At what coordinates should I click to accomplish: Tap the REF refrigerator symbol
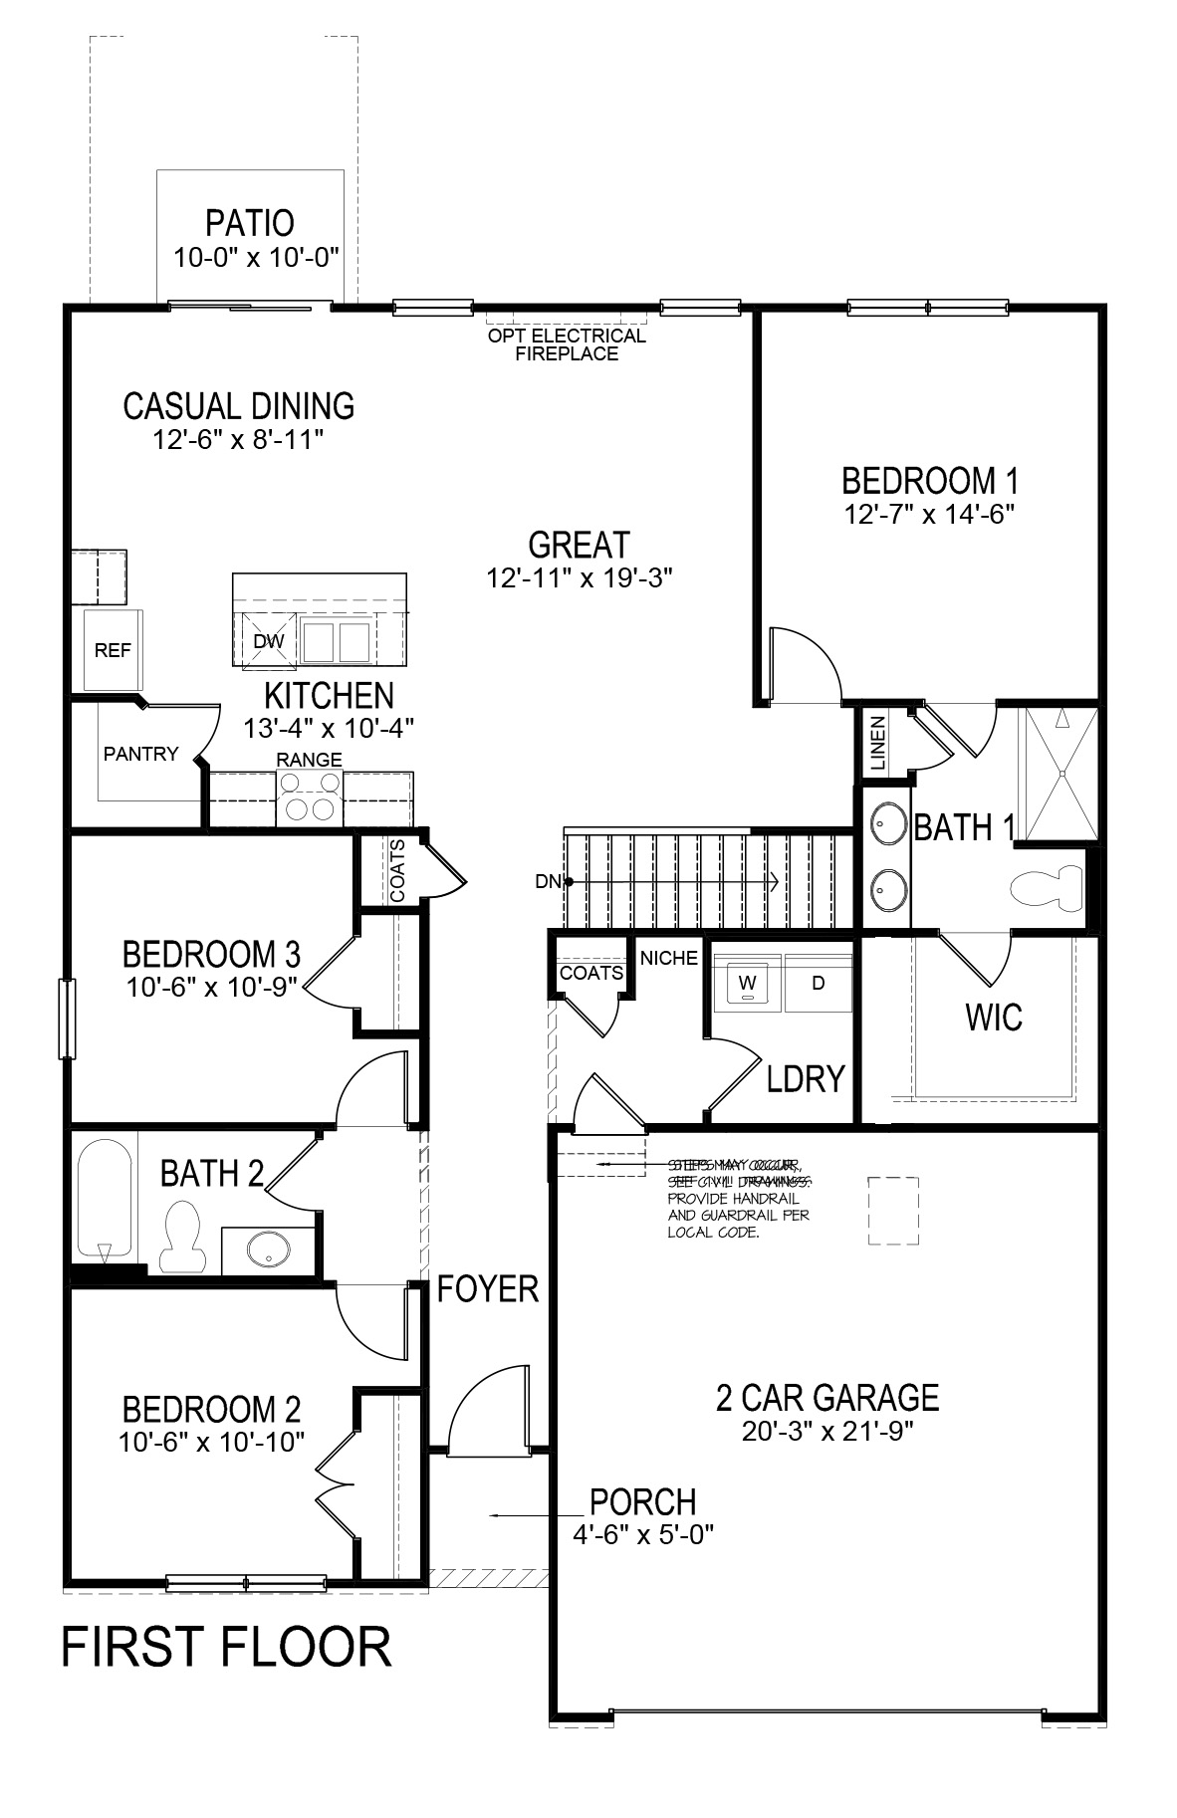(113, 650)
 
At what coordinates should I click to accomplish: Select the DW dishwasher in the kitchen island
(268, 641)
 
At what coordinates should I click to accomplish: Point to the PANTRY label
(140, 754)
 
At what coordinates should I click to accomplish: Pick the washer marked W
(748, 985)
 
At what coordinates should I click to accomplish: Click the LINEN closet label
(877, 744)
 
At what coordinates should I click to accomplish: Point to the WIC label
(993, 1018)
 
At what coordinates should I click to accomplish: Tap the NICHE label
(669, 958)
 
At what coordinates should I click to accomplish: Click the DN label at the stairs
(548, 880)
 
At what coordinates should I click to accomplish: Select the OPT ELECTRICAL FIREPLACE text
(567, 344)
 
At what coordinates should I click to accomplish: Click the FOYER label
(488, 1289)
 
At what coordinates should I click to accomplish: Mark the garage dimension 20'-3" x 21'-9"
(827, 1431)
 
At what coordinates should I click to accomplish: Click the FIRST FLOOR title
(227, 1647)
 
